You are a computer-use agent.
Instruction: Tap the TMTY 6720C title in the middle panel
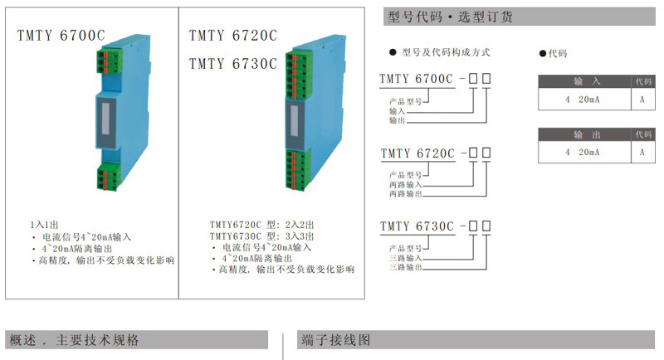pos(233,36)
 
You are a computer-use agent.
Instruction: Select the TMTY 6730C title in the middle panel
pos(233,64)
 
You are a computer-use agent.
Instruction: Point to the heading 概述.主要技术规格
pos(74,340)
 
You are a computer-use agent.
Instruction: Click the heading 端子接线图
pos(336,340)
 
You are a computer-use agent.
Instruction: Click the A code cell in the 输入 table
pos(642,100)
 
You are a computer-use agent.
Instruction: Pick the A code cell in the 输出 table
pos(642,153)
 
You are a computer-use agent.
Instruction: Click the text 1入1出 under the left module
pos(44,225)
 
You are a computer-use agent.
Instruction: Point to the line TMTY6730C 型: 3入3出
pos(261,236)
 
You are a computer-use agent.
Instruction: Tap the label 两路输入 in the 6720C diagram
pos(405,185)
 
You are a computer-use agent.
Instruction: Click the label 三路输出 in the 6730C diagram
pos(405,267)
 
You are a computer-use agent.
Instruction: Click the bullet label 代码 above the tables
pos(558,53)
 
